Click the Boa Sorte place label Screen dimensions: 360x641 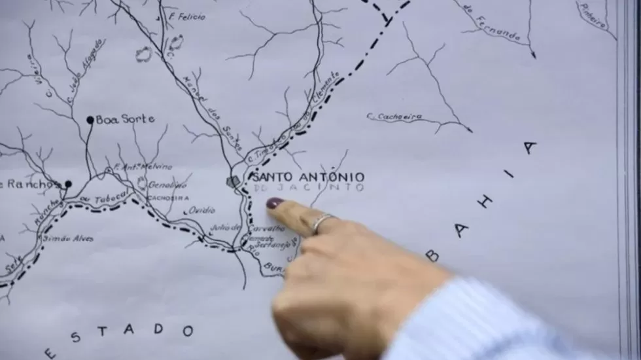[125, 120]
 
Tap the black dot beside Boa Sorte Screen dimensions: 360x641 [90, 120]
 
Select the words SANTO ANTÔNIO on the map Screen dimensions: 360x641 [308, 177]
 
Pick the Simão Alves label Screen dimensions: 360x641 [68, 239]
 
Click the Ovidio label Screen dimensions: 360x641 [201, 210]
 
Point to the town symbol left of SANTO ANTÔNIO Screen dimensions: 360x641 [233, 181]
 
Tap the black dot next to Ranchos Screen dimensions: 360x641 [67, 185]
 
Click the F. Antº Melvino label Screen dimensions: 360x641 [144, 167]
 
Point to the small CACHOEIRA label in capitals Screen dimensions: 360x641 [167, 198]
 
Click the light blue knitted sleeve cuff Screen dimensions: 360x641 [497, 321]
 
